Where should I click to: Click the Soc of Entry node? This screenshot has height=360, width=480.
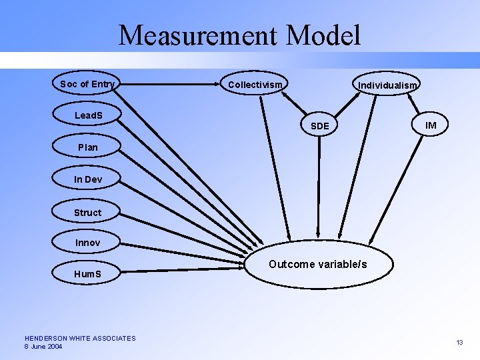[87, 84]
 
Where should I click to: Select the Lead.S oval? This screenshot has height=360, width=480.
[88, 115]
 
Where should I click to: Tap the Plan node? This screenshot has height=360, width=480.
[87, 147]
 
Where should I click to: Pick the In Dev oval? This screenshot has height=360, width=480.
[87, 179]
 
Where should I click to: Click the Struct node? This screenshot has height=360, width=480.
[87, 213]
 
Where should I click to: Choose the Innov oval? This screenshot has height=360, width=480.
[87, 243]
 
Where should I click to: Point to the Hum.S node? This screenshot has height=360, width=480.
[87, 273]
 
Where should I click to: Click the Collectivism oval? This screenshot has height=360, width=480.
[255, 85]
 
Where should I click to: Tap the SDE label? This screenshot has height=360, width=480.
[320, 126]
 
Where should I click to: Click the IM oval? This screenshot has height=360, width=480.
[431, 125]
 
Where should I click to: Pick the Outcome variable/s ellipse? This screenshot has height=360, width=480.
[318, 265]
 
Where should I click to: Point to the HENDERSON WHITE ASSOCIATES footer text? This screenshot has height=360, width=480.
[80, 338]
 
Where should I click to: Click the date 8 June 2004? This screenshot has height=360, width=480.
[43, 347]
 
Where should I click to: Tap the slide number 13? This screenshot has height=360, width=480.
[459, 342]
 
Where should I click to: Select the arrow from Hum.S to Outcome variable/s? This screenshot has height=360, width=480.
[180, 268]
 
